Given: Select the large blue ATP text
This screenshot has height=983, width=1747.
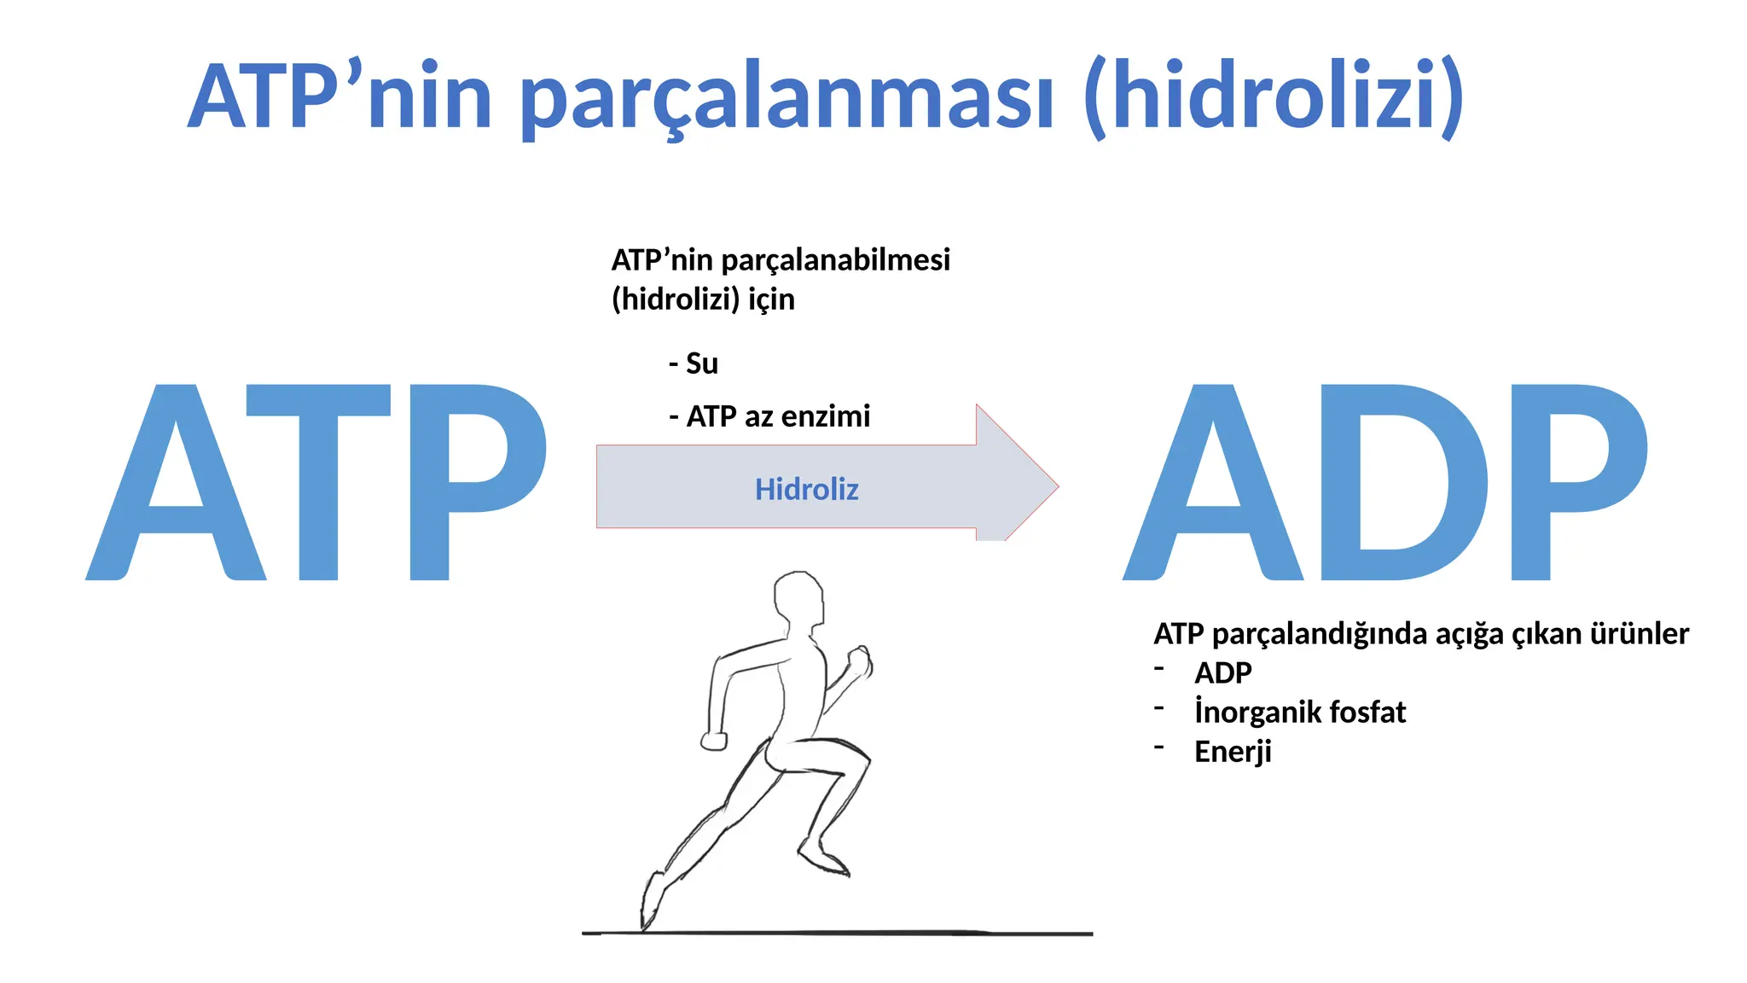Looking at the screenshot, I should pyautogui.click(x=316, y=482).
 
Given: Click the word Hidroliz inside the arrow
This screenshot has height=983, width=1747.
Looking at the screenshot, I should pyautogui.click(x=806, y=489).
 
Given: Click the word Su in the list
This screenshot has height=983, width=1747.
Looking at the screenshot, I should pyautogui.click(x=701, y=364).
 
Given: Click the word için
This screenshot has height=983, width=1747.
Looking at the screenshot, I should pyautogui.click(x=770, y=300).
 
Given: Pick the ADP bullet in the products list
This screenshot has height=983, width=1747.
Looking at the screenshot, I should pyautogui.click(x=1222, y=673).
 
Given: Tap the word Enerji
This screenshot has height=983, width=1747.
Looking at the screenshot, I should pyautogui.click(x=1233, y=752).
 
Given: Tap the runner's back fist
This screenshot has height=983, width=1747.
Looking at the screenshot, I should pyautogui.click(x=714, y=741).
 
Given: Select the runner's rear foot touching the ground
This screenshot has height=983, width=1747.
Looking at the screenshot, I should pyautogui.click(x=651, y=904).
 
